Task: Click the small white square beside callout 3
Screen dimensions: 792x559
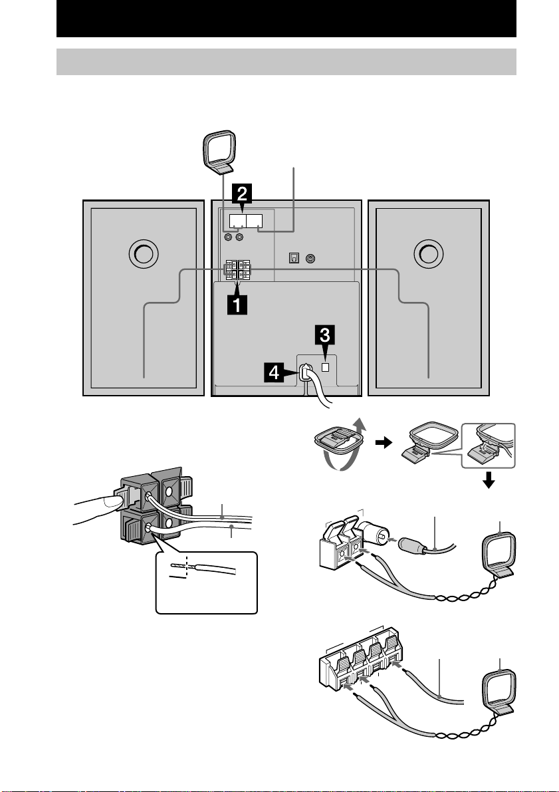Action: [324, 366]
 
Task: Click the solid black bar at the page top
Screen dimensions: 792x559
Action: [286, 19]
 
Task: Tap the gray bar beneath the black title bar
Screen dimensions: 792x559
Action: [286, 61]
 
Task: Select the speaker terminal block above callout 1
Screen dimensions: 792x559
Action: [239, 269]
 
